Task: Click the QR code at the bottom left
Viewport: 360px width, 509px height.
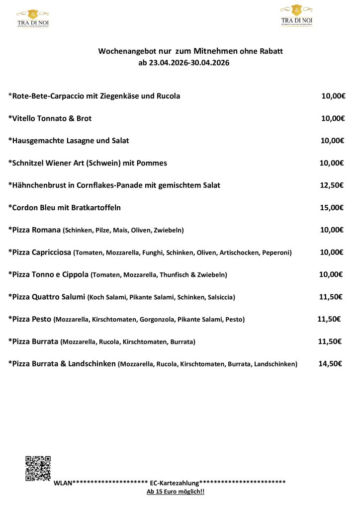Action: click(x=38, y=468)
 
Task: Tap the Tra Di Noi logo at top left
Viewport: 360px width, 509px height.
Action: click(x=33, y=18)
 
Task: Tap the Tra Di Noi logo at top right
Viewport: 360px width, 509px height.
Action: click(x=297, y=15)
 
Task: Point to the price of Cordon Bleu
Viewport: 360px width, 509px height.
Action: click(x=332, y=207)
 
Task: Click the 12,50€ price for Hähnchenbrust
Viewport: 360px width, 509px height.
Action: click(x=332, y=185)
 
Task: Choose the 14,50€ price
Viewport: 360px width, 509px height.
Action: click(x=330, y=364)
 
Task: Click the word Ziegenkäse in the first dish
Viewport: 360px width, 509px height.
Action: click(x=120, y=96)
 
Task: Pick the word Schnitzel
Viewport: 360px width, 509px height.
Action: click(x=31, y=163)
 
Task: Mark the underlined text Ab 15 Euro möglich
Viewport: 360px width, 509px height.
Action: click(x=176, y=492)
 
